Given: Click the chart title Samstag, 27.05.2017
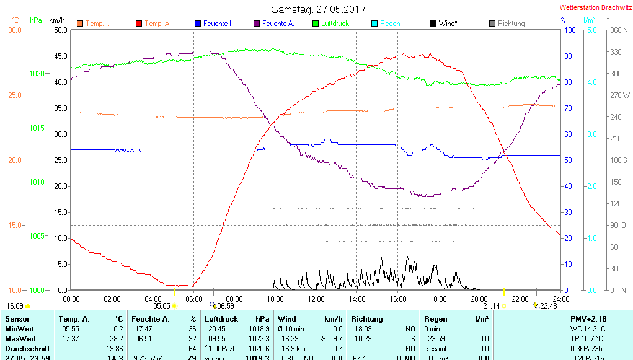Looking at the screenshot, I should coord(319,9).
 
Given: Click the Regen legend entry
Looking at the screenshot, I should coord(390,24).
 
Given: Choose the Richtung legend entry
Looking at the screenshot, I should coord(511,24).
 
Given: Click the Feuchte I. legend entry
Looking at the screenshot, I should coord(219,24).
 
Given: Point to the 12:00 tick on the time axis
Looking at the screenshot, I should coord(316,299).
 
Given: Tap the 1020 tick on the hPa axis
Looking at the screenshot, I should coord(37,74).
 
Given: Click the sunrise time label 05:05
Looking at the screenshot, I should coord(162,305).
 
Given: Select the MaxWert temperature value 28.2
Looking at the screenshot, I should coord(116,339).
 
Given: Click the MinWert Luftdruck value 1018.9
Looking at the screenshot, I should coord(259,329).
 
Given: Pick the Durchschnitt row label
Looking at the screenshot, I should coord(25,349).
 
